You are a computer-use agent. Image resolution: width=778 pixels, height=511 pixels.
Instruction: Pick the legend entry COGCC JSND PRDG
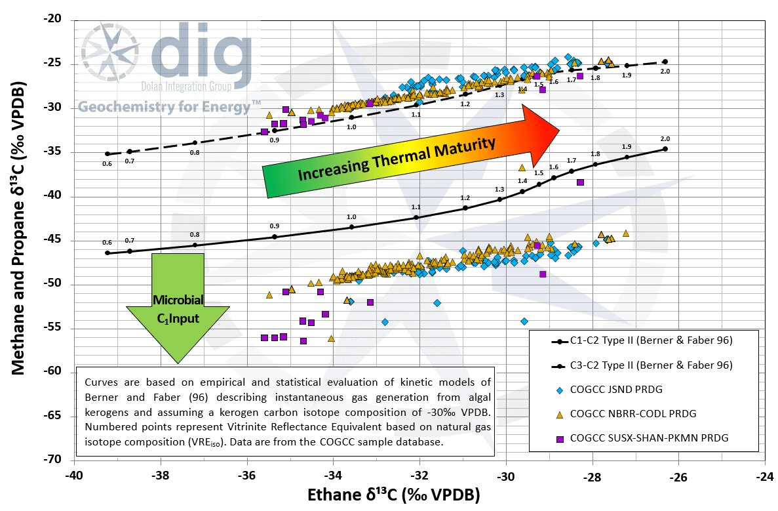click(x=616, y=390)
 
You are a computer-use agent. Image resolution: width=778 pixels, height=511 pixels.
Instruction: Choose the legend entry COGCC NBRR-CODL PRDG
click(x=632, y=414)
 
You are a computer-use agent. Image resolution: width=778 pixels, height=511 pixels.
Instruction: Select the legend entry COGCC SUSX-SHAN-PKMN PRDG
click(x=649, y=438)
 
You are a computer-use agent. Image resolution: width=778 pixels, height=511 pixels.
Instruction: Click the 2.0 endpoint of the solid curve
click(x=665, y=149)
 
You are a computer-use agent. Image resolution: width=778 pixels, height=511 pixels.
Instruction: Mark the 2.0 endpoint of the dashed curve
click(x=665, y=62)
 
